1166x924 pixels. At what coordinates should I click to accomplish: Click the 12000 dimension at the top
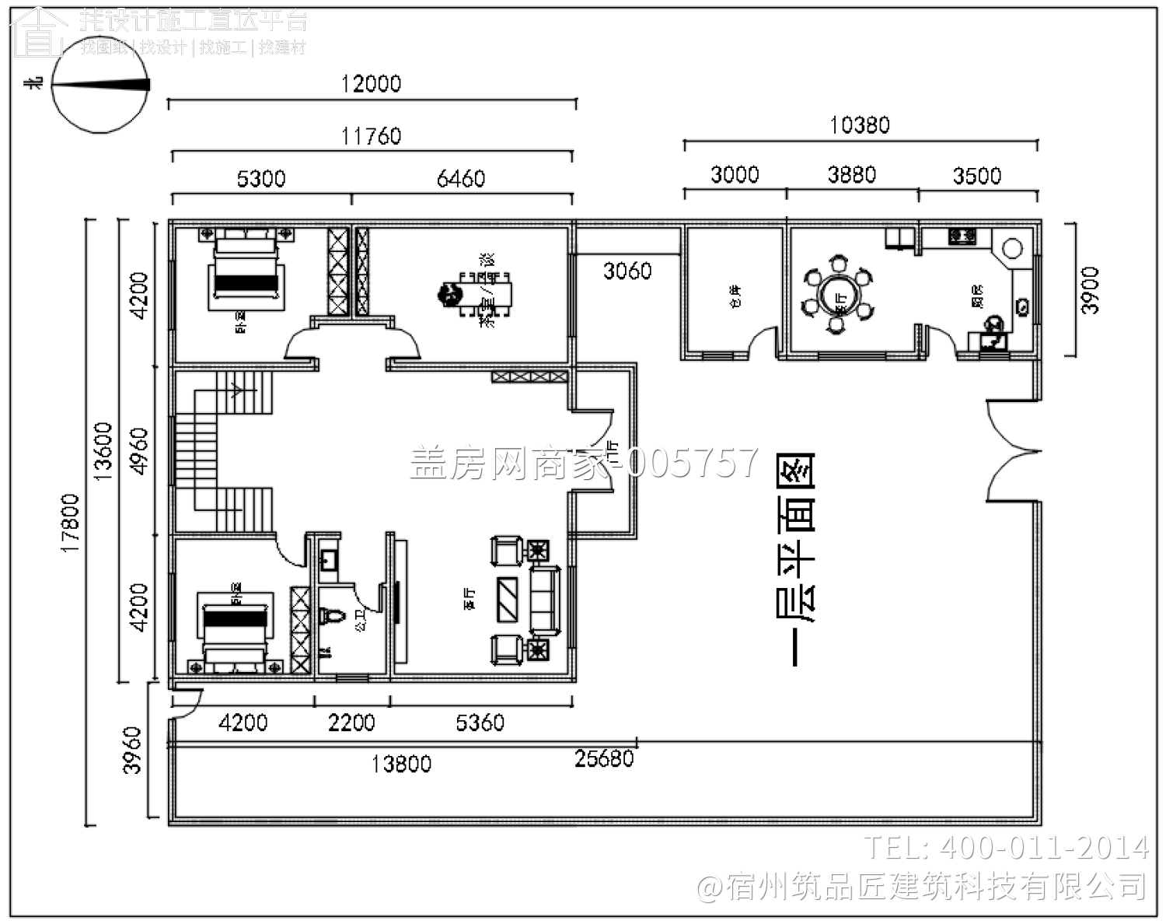(x=371, y=83)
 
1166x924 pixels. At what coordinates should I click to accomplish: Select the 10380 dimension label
(x=859, y=124)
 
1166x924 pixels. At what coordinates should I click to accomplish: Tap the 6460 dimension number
(x=461, y=179)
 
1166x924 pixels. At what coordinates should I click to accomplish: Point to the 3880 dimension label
(x=851, y=174)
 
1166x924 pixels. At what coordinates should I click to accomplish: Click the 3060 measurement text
(x=627, y=271)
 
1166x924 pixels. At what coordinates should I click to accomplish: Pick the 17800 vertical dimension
(x=70, y=523)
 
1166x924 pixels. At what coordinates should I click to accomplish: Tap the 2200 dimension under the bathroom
(x=351, y=723)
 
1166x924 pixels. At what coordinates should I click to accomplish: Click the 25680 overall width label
(x=604, y=758)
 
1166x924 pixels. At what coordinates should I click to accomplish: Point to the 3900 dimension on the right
(x=1090, y=290)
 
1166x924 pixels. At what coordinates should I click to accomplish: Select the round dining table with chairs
(x=839, y=295)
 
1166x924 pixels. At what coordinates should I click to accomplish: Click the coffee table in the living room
(x=510, y=599)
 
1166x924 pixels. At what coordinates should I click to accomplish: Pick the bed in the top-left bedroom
(x=245, y=268)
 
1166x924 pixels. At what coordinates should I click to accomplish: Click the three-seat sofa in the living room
(x=545, y=599)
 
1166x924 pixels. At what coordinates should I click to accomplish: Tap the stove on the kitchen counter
(x=962, y=234)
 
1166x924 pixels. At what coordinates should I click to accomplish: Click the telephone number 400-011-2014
(x=1007, y=847)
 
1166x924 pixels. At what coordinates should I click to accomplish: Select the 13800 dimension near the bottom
(x=401, y=764)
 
